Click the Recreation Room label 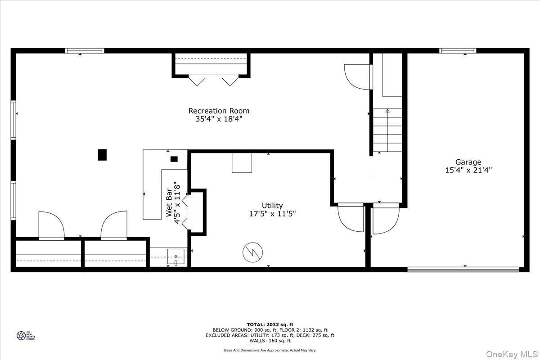click(x=219, y=111)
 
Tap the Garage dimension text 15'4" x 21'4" click(x=468, y=170)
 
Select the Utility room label click(x=272, y=206)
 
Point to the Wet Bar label click(x=169, y=202)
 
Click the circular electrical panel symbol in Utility click(x=252, y=252)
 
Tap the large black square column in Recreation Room click(x=102, y=155)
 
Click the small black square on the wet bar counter click(x=174, y=159)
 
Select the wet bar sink click(x=176, y=257)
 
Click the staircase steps click(x=387, y=130)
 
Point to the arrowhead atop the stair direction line click(x=387, y=111)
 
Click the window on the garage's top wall click(x=458, y=51)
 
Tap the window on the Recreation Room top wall click(x=85, y=51)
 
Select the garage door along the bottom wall click(x=463, y=270)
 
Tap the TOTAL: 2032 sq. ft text click(x=270, y=324)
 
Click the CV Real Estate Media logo click(x=26, y=335)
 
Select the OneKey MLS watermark click(x=512, y=354)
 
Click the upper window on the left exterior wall click(x=13, y=120)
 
